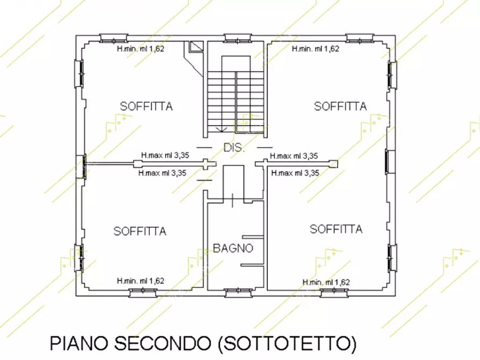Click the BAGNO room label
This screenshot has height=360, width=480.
coord(233,248)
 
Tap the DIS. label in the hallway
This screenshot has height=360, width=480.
coord(234,148)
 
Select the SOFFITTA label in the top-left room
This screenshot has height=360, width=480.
coord(146,106)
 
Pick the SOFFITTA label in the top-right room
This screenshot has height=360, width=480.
coord(340,106)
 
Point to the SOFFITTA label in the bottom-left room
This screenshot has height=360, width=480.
coord(140,232)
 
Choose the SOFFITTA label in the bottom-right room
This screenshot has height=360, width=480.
coord(336,229)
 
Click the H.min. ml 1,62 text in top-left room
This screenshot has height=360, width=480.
coord(140,48)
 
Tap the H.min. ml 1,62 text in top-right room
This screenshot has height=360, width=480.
coord(316,48)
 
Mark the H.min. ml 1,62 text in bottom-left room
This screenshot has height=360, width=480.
coord(140,281)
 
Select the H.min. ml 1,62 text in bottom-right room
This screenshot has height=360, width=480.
coord(326,282)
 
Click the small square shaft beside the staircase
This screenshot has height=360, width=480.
coord(195,47)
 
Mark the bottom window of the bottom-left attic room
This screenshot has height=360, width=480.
coord(142,293)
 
